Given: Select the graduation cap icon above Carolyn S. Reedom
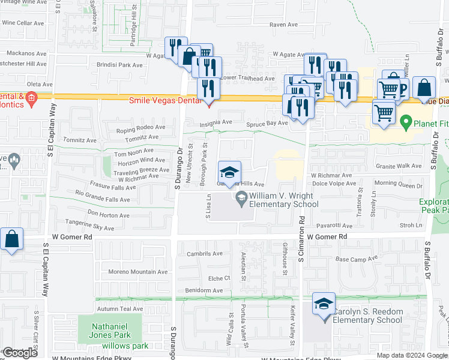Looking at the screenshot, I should (x=324, y=304).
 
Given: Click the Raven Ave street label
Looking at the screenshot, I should (x=283, y=25).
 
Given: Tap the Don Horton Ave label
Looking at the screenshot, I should (x=108, y=215).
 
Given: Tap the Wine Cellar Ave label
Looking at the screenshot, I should (x=22, y=23).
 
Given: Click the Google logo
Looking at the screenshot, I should (x=19, y=353).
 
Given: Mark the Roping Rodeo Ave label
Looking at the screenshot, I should (x=140, y=128).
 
